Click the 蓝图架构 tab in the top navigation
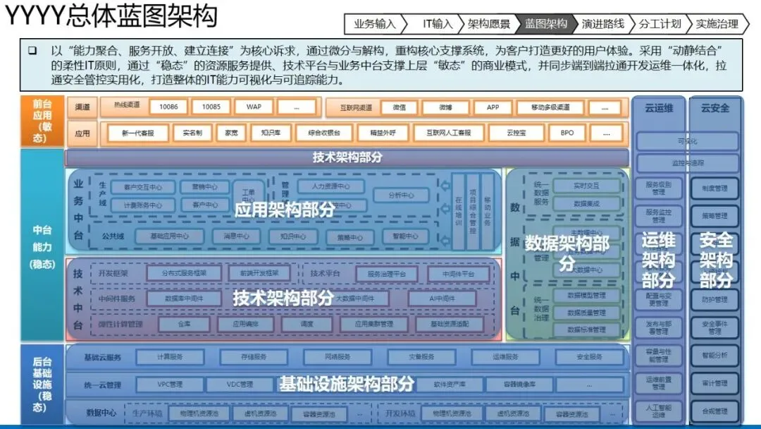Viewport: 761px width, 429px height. click(x=546, y=24)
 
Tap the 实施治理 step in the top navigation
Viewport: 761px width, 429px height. click(x=717, y=24)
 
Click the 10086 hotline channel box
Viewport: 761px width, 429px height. click(x=168, y=107)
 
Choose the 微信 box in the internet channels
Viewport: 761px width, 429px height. click(x=399, y=108)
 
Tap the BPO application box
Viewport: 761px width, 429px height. click(x=567, y=133)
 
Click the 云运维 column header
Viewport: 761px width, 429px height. click(x=658, y=109)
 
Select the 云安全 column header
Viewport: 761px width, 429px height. click(x=715, y=109)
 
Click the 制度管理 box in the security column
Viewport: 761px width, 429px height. click(x=714, y=188)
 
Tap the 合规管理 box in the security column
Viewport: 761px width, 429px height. click(x=714, y=411)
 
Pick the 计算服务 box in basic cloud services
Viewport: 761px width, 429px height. click(x=170, y=357)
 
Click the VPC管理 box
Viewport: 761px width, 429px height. click(x=169, y=385)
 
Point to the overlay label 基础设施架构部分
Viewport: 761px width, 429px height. click(x=347, y=385)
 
